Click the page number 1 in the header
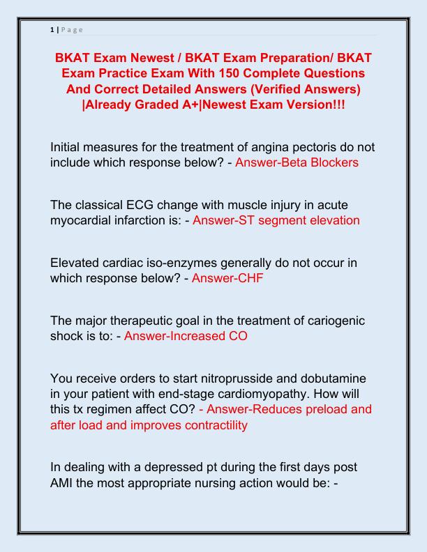52,30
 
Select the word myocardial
83,220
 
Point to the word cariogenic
327,321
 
